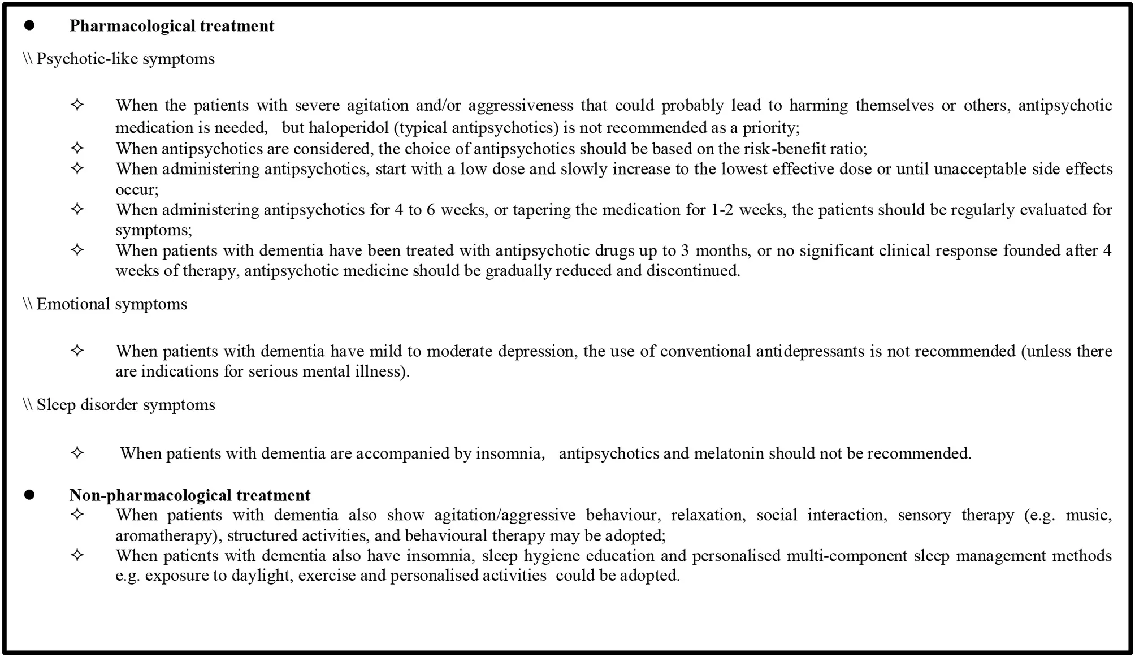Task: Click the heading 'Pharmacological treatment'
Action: click(x=172, y=26)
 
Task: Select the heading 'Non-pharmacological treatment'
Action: click(x=190, y=495)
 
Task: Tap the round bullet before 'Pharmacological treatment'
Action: click(x=29, y=25)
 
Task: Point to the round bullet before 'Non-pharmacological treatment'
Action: click(x=29, y=495)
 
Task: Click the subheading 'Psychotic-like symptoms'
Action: click(x=125, y=59)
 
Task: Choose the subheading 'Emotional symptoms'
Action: click(x=111, y=304)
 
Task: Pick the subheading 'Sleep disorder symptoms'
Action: click(x=125, y=405)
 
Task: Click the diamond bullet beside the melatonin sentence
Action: click(x=77, y=453)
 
